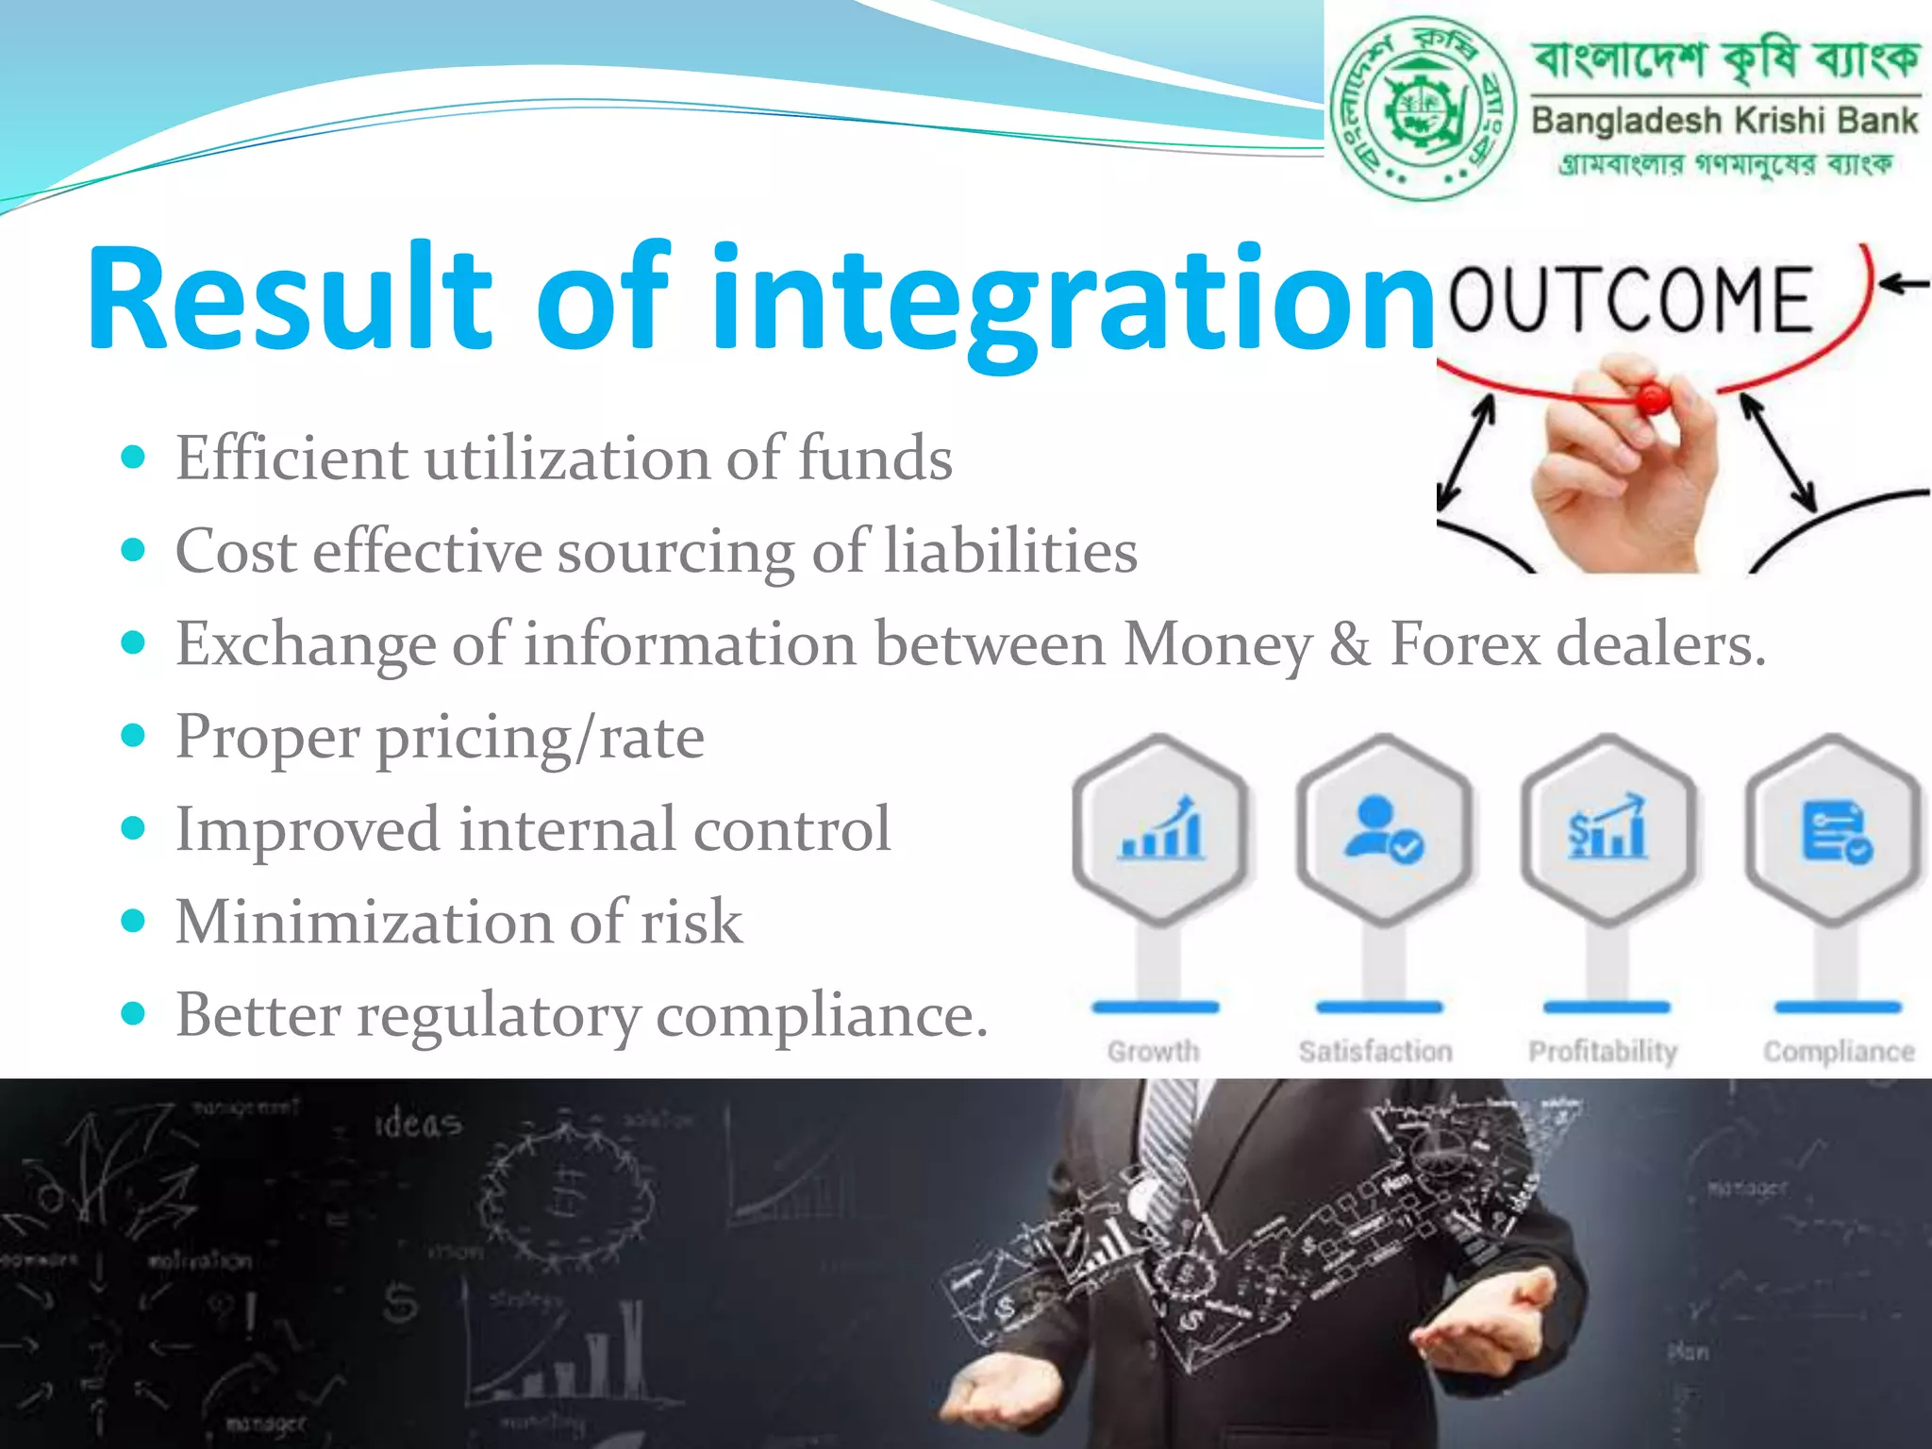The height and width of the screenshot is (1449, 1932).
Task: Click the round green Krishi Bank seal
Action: (x=1423, y=108)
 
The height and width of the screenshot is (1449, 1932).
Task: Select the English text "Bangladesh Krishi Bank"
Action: (x=1724, y=121)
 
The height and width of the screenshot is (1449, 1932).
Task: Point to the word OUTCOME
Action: (x=1631, y=300)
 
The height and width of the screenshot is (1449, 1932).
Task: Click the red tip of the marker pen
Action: (x=1652, y=397)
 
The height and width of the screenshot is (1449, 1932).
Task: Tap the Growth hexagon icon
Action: (x=1160, y=830)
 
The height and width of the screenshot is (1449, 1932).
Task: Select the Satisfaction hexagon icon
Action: (x=1383, y=830)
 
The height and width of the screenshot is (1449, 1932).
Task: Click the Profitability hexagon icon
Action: (x=1607, y=830)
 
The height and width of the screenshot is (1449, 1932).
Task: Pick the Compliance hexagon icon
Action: (x=1834, y=830)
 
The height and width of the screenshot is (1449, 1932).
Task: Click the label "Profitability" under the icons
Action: (x=1603, y=1051)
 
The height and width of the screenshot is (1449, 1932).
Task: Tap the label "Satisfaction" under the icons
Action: (x=1375, y=1051)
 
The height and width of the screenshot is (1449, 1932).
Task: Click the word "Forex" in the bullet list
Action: (x=1465, y=644)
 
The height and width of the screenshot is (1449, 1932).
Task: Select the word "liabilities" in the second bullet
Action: (x=1010, y=551)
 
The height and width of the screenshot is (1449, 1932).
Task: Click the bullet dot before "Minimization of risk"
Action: (x=134, y=921)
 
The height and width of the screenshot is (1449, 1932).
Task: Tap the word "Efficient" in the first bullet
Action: (x=291, y=458)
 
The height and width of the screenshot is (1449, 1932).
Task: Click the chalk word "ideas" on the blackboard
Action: (x=419, y=1124)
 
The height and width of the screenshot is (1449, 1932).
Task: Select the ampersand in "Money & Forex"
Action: (x=1350, y=644)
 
